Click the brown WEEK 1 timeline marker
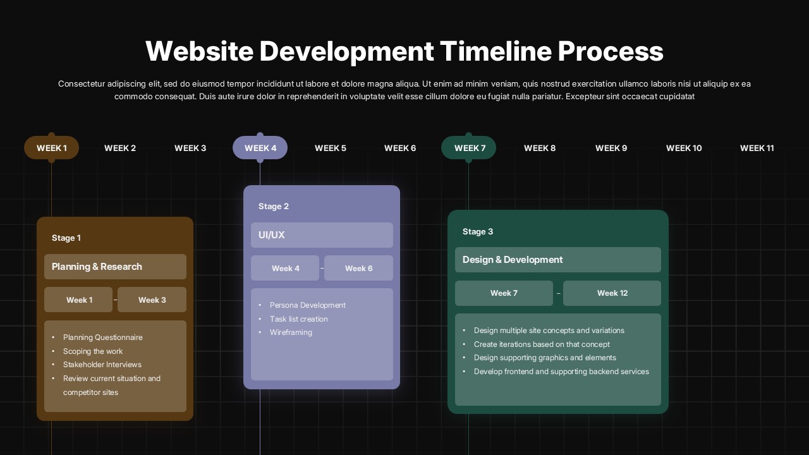point(51,148)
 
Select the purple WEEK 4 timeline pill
point(260,148)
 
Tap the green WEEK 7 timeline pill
point(469,148)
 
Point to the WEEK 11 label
point(757,148)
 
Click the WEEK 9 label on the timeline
point(611,148)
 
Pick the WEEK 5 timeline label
point(331,148)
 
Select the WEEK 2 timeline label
point(120,148)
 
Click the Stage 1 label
point(66,238)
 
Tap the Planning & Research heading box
point(115,267)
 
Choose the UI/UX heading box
point(322,235)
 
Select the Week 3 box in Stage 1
point(152,300)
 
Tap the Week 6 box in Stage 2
point(358,268)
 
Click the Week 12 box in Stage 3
point(612,293)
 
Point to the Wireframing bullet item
point(291,332)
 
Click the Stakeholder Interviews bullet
point(102,365)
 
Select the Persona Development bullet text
point(307,305)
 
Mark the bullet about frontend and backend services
point(561,372)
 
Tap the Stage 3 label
point(478,231)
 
